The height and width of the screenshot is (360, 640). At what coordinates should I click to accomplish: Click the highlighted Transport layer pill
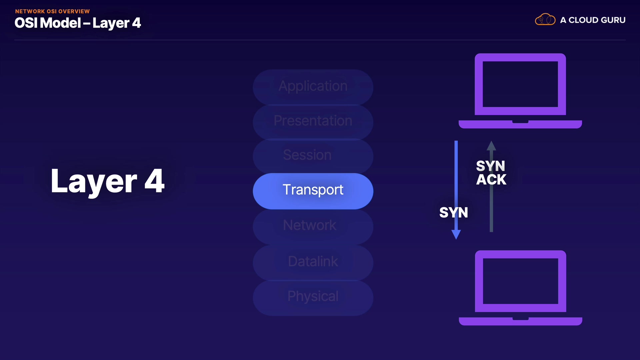[313, 191]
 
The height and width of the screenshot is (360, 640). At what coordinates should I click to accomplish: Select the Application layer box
[313, 87]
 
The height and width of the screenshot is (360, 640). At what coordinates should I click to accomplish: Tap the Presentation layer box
[313, 122]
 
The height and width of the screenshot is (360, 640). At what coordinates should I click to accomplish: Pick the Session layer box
[313, 156]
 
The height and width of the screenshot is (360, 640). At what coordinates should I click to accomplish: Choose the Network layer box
[313, 227]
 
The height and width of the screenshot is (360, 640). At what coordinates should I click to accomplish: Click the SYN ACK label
[491, 173]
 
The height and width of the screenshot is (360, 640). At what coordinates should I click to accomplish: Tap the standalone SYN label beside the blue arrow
[454, 213]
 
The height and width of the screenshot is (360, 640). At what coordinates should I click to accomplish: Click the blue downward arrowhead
[456, 235]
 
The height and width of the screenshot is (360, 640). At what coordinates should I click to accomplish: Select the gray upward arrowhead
[491, 145]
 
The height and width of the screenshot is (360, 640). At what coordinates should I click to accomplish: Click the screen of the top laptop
[520, 84]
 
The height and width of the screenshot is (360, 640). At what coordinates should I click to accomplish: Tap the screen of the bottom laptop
[521, 281]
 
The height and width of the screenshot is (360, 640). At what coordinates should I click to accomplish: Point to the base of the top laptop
[520, 124]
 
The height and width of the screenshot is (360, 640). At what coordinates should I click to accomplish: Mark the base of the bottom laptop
[521, 321]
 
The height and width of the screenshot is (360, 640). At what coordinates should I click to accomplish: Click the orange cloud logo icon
[545, 20]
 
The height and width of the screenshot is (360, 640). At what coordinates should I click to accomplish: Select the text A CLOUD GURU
[593, 20]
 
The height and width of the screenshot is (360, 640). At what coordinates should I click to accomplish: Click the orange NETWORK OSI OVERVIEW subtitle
[52, 11]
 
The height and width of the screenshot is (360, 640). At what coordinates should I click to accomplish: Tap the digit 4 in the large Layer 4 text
[154, 181]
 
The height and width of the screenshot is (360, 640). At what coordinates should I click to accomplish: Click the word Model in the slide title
[62, 23]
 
